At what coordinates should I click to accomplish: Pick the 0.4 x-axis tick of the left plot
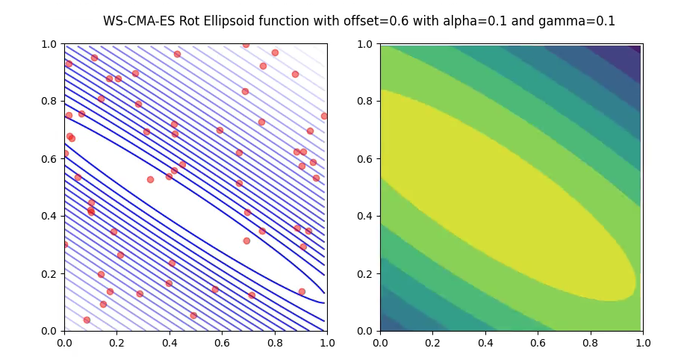(170, 344)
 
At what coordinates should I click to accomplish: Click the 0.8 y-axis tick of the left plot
(50, 102)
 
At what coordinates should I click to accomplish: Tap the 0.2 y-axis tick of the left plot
(50, 273)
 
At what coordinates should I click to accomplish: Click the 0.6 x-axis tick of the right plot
(538, 344)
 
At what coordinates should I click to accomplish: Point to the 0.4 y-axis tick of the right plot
(366, 216)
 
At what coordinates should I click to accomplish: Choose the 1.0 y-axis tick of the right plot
(366, 44)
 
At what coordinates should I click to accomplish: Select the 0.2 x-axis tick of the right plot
(432, 344)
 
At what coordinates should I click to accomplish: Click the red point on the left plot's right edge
(324, 116)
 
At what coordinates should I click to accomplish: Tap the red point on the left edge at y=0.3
(65, 244)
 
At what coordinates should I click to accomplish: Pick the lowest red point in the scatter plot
(87, 320)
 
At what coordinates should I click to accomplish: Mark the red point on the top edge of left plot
(246, 45)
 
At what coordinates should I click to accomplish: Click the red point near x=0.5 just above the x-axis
(193, 315)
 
